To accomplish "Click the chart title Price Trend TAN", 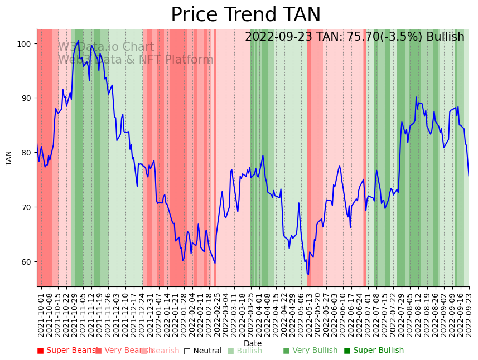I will coord(245,15).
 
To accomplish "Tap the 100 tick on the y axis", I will coord(26,44).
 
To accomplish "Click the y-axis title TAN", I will coord(9,158).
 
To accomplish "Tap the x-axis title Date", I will coord(253,344).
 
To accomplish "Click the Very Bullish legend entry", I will coord(310,351).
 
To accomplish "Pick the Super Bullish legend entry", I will coord(374,351).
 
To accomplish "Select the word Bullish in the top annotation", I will coord(445,37).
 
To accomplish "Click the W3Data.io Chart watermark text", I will coord(106,47).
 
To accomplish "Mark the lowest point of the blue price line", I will coord(308,274).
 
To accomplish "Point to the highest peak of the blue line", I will coord(78,40).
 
